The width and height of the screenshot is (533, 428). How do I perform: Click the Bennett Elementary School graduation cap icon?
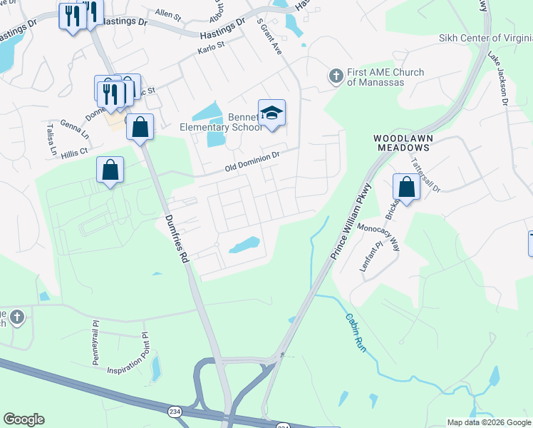click(x=271, y=113)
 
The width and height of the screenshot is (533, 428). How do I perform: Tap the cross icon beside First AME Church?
click(x=336, y=75)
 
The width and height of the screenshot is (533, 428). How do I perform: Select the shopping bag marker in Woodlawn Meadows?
click(x=405, y=188)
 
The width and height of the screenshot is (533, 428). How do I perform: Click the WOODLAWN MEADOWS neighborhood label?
click(x=403, y=142)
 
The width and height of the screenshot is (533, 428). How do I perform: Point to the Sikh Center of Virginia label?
click(x=485, y=38)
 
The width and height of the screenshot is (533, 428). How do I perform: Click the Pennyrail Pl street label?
click(x=94, y=342)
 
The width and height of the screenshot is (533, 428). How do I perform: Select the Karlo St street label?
click(x=211, y=49)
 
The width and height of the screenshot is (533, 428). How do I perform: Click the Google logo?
click(x=24, y=419)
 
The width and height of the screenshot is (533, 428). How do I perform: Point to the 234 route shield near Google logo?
click(x=175, y=412)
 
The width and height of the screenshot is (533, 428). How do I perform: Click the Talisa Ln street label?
click(x=51, y=140)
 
